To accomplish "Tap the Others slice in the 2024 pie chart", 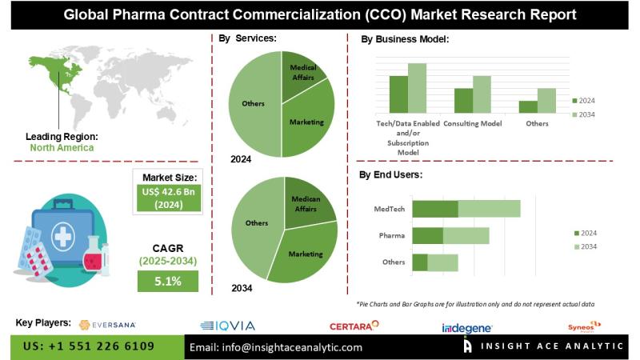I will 253,104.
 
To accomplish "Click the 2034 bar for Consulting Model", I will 482,94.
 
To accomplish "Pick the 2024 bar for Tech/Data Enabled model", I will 398,94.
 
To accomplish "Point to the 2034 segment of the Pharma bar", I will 466,235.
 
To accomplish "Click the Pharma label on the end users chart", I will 392,235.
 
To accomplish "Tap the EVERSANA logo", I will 108,325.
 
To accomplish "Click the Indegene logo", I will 467,327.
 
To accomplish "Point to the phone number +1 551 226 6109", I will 89,346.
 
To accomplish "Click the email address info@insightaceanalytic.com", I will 276,347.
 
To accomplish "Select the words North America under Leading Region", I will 62,148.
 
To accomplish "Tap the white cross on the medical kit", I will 62,236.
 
